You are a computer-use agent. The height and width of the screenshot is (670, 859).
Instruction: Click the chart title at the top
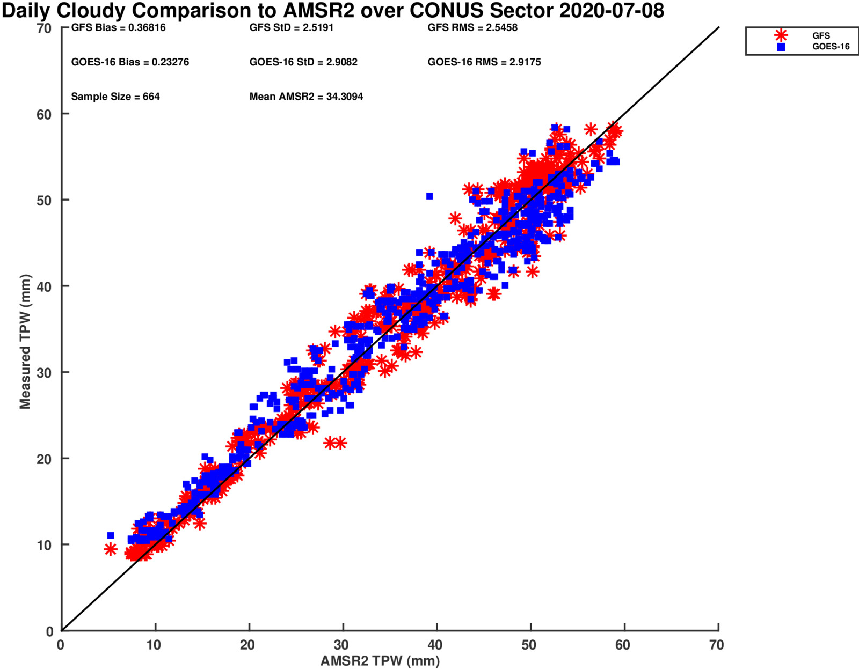pyautogui.click(x=333, y=11)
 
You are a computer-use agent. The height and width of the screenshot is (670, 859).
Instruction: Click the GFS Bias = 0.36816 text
pyautogui.click(x=118, y=28)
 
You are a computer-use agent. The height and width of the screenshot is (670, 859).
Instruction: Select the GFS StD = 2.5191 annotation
pyautogui.click(x=292, y=28)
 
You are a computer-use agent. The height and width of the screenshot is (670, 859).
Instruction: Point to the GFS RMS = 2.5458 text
pyautogui.click(x=472, y=28)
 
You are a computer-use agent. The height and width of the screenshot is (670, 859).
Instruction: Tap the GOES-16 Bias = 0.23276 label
pyautogui.click(x=130, y=62)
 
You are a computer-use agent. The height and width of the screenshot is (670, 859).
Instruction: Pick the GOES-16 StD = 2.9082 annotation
pyautogui.click(x=303, y=62)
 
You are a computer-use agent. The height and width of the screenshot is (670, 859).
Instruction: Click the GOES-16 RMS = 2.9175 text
pyautogui.click(x=484, y=62)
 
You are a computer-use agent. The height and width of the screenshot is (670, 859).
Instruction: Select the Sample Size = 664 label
pyautogui.click(x=115, y=97)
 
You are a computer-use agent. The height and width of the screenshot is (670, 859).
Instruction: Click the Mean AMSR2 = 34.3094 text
pyautogui.click(x=306, y=97)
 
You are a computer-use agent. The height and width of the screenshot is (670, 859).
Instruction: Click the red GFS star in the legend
pyautogui.click(x=781, y=35)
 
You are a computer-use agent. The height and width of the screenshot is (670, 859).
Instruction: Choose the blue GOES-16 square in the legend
pyautogui.click(x=781, y=47)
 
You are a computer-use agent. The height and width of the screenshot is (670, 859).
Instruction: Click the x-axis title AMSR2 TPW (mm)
pyautogui.click(x=380, y=661)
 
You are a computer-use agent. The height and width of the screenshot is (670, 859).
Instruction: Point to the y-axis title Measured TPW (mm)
pyautogui.click(x=25, y=342)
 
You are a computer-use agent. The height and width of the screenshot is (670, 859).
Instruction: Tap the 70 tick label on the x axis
pyautogui.click(x=716, y=645)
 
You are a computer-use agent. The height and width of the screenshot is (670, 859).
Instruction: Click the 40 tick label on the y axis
pyautogui.click(x=44, y=286)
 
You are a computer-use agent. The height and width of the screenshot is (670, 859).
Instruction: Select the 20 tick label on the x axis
pyautogui.click(x=247, y=645)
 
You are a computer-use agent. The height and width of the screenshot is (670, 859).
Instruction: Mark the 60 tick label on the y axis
pyautogui.click(x=44, y=114)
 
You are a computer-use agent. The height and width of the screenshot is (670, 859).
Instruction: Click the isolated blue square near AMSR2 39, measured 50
pyautogui.click(x=429, y=196)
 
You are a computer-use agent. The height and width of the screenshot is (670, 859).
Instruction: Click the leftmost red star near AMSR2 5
pyautogui.click(x=110, y=549)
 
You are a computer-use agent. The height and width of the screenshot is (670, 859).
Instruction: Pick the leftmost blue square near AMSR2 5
pyautogui.click(x=110, y=535)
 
